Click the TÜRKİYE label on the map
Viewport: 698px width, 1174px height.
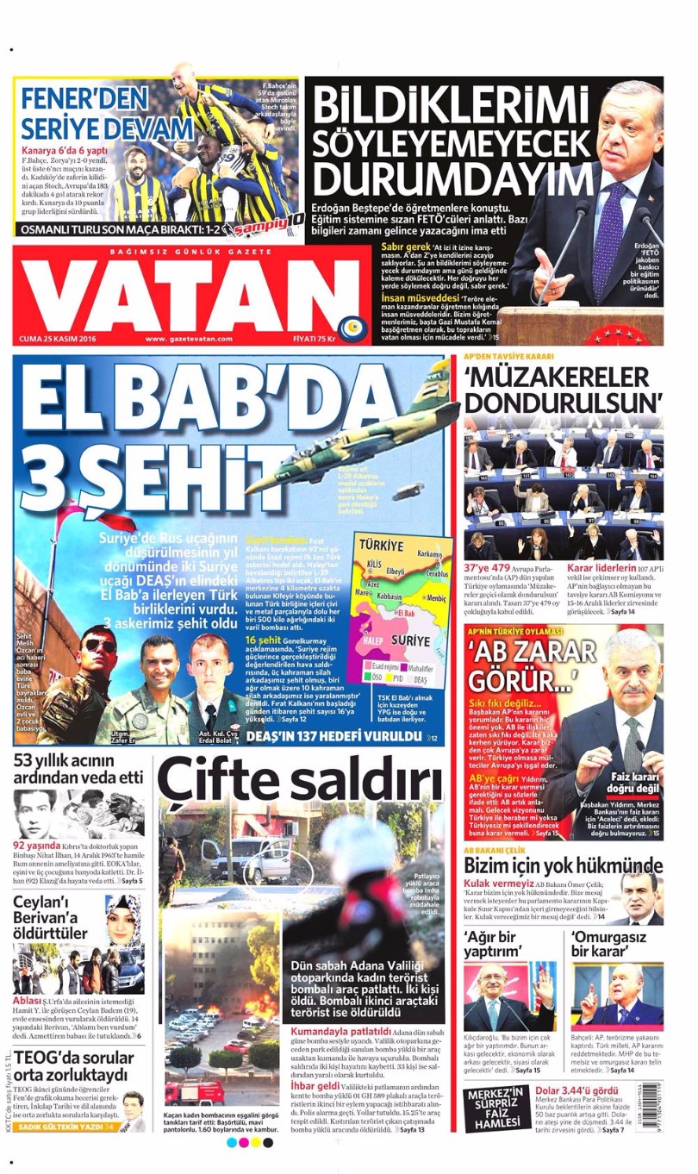380,546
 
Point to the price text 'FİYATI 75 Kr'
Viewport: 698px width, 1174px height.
311,339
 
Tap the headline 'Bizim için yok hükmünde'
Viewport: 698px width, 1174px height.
564,865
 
